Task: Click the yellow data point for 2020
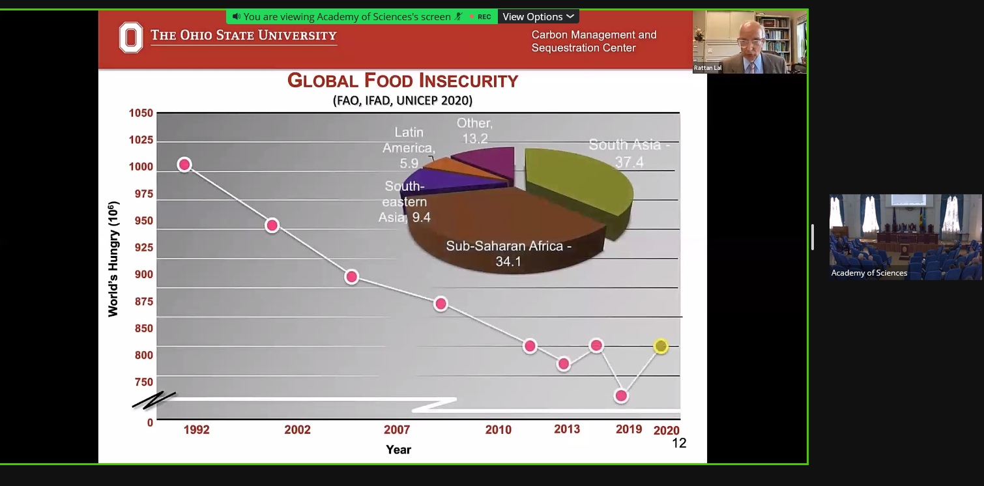point(661,346)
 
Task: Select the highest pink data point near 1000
point(184,165)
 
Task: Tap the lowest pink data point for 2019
point(621,395)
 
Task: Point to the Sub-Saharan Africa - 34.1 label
point(508,254)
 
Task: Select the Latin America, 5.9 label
point(409,148)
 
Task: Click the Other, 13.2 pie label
point(474,130)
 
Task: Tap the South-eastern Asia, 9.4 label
point(405,202)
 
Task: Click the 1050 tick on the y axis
point(141,113)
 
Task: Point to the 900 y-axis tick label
point(143,274)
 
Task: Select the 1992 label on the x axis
point(196,430)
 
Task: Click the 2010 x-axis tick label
point(499,430)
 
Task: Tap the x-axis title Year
point(398,450)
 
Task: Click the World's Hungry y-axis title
point(113,259)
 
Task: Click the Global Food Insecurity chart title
point(403,81)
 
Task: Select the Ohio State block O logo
point(130,37)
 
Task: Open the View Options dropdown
point(538,16)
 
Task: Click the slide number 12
point(679,443)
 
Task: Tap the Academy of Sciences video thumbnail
point(906,236)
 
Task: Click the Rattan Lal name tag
point(708,68)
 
